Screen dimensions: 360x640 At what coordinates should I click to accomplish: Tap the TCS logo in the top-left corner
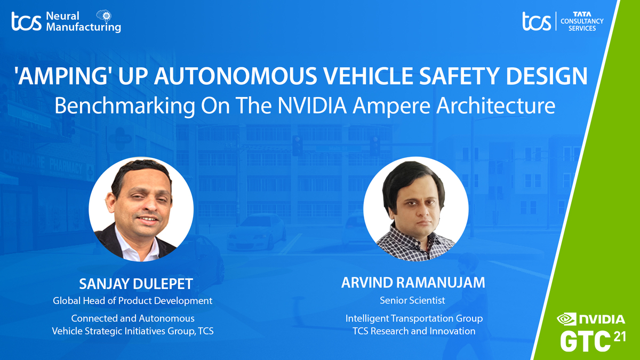point(26,22)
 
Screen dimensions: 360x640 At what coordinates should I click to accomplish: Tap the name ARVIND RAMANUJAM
point(413,283)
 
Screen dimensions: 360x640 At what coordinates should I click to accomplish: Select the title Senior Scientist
point(412,300)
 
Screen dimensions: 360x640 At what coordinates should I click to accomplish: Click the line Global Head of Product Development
point(132,301)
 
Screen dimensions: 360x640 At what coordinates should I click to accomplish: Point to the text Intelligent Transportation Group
point(414,318)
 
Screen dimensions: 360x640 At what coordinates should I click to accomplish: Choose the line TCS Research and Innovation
point(414,331)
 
